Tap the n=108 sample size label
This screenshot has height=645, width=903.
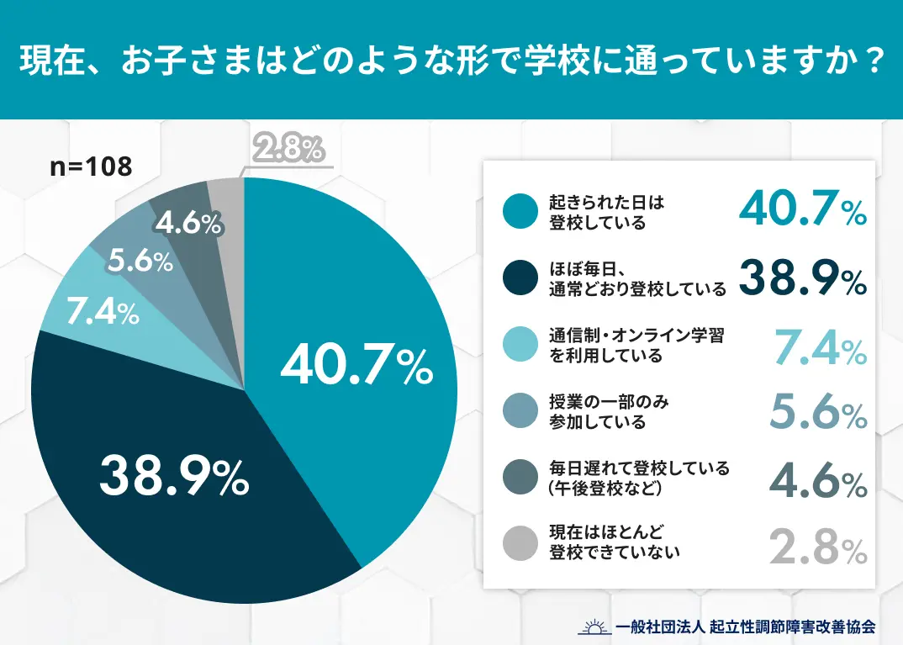click(91, 167)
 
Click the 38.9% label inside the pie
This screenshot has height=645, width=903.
click(173, 477)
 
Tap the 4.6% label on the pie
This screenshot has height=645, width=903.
click(188, 224)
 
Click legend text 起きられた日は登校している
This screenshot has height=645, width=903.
click(599, 213)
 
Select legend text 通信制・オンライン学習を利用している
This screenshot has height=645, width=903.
click(636, 346)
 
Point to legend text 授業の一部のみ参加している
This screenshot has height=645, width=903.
click(605, 411)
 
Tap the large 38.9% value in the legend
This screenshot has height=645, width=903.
click(802, 278)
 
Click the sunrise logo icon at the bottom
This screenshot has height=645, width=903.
click(594, 626)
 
